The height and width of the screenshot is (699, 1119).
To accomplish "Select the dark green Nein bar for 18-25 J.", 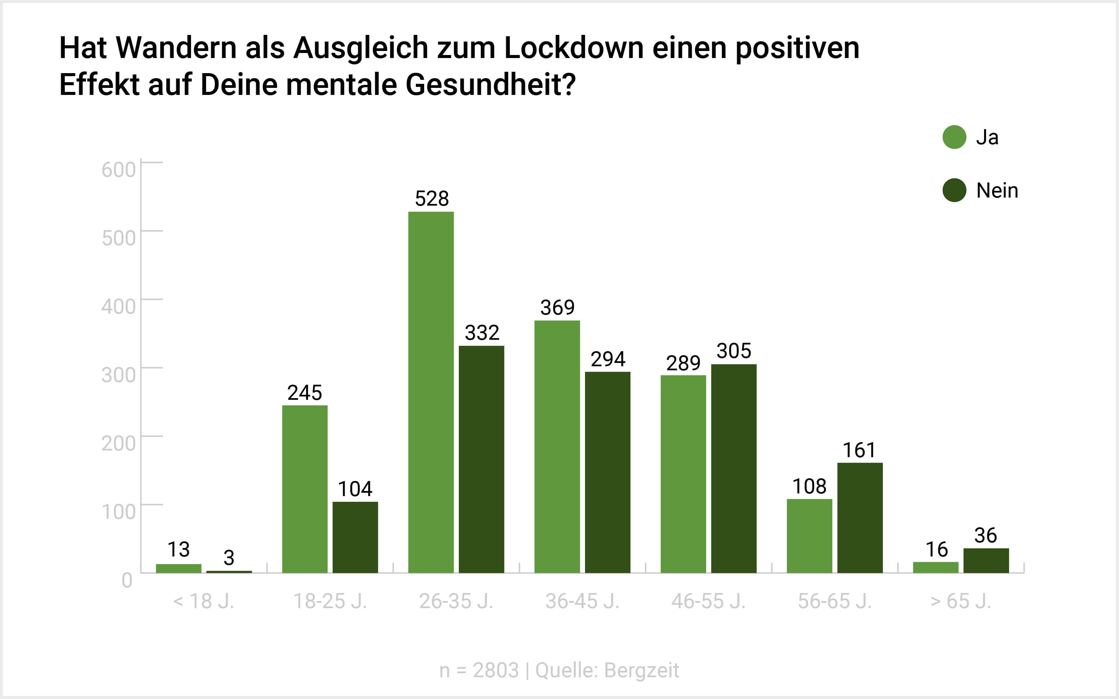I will (x=355, y=537).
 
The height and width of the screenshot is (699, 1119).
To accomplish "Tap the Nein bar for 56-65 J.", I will (x=860, y=518).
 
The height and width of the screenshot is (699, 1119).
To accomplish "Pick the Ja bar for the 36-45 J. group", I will (x=557, y=446).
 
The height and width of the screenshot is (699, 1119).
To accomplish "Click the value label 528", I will (x=432, y=199).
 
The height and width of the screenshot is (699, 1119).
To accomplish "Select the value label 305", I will (x=734, y=351).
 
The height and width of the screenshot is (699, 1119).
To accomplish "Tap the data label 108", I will (x=809, y=486).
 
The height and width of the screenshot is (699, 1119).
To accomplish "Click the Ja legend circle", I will (x=954, y=137).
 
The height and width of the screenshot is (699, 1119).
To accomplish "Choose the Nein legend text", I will (x=997, y=191).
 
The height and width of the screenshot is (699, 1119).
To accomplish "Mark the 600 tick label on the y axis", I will (x=118, y=170).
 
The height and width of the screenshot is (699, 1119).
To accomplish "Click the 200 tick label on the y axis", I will (x=118, y=443).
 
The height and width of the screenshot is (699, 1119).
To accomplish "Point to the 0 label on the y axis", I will (x=127, y=580).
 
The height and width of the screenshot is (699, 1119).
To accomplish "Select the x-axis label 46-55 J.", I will (x=708, y=601).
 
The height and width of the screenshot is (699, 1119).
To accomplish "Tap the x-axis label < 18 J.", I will (x=203, y=601).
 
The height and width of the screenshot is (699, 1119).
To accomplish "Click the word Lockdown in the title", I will (x=574, y=48).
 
